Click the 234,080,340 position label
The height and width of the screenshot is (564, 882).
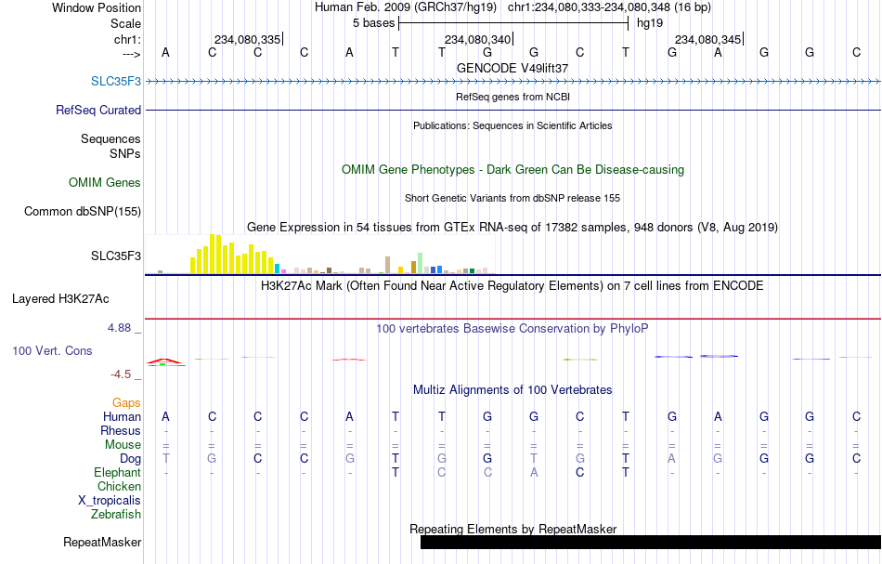click(477, 39)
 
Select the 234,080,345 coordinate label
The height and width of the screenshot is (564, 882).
click(707, 39)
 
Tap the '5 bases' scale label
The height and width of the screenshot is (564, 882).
click(373, 23)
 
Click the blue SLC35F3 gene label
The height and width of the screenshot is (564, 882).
click(116, 81)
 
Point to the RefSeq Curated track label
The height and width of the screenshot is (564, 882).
click(98, 110)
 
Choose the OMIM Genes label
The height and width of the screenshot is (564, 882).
click(105, 182)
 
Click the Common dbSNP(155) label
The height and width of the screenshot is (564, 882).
click(83, 212)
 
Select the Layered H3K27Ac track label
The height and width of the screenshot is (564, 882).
click(60, 299)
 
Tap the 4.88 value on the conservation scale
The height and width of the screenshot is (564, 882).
click(119, 328)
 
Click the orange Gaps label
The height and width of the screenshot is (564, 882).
click(126, 402)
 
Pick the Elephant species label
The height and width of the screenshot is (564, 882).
click(118, 472)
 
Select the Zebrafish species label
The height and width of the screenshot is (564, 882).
click(116, 514)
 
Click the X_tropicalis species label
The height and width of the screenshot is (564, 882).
click(110, 501)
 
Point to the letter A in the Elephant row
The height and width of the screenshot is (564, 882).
click(534, 472)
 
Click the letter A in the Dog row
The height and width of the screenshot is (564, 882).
click(671, 458)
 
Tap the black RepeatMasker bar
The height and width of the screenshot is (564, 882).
click(651, 542)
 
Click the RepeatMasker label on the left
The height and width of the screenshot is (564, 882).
click(102, 542)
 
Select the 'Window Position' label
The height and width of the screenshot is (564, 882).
click(97, 7)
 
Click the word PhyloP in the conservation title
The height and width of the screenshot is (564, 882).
click(629, 328)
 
